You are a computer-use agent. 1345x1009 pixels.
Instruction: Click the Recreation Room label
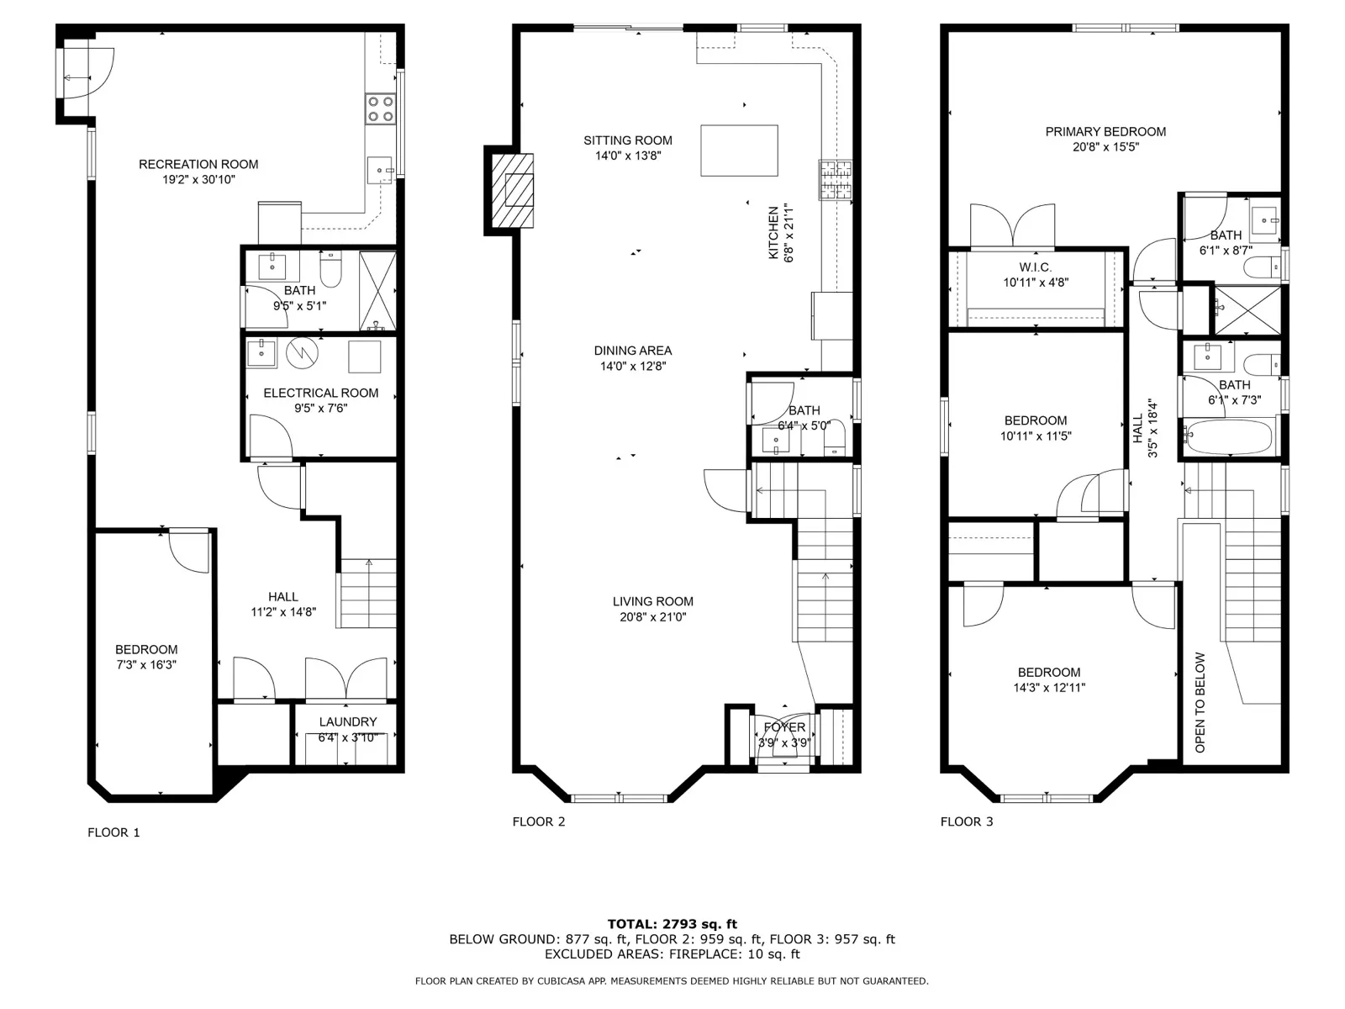198,164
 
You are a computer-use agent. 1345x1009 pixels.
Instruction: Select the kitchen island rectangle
739,151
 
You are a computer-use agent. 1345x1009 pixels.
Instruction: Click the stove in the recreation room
380,108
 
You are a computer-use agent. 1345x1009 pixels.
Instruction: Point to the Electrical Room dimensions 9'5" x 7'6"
320,409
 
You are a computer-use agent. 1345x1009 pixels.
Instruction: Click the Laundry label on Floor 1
348,721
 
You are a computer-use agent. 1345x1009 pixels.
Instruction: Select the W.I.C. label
1035,267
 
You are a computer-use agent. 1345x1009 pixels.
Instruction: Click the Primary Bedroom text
1105,132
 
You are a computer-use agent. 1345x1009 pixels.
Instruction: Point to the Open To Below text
1200,703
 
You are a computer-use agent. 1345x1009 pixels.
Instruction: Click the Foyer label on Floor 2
784,727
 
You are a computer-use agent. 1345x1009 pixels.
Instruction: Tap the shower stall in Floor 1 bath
377,291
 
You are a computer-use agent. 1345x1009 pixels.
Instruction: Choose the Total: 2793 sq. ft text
672,924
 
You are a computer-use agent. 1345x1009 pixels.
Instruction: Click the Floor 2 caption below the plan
539,821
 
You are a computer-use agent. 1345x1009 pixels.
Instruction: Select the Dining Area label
632,351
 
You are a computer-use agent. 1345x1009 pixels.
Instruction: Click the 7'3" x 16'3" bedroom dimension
146,665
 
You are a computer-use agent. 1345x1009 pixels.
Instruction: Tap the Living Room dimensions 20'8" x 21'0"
652,617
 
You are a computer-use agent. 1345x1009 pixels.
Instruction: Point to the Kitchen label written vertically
773,233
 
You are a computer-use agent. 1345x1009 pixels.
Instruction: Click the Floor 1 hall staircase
367,594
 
